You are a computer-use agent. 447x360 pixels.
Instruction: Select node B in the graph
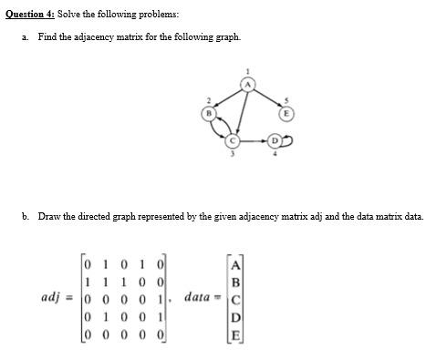209,114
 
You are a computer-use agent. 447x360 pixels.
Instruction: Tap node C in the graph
234,142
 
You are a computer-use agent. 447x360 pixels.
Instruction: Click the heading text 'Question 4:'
29,15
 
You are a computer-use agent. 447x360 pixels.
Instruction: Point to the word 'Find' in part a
47,37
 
